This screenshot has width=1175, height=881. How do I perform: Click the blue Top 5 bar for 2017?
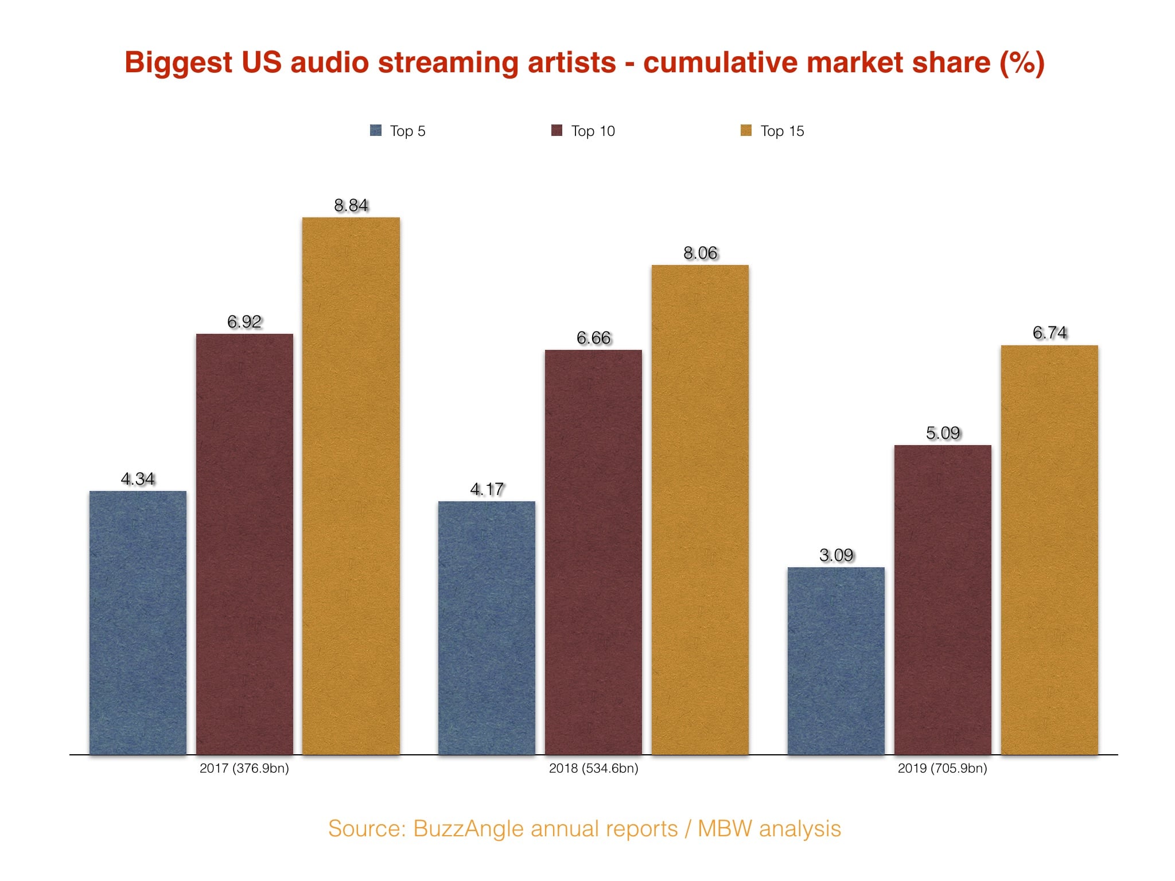click(138, 622)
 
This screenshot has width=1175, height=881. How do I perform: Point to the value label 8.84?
click(351, 205)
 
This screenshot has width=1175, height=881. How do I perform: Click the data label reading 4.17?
click(487, 489)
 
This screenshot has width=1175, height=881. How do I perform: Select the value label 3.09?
click(836, 555)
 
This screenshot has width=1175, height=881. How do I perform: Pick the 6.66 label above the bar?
click(593, 338)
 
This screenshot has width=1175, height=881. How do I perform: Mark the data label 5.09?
click(943, 433)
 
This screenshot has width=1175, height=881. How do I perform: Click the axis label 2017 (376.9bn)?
click(244, 769)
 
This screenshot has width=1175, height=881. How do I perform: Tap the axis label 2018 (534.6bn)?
click(593, 769)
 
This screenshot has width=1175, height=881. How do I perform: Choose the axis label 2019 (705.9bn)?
click(942, 769)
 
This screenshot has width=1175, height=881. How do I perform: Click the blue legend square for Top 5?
click(376, 131)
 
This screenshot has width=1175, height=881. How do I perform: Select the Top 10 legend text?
click(593, 131)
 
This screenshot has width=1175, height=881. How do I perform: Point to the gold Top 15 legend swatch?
click(746, 131)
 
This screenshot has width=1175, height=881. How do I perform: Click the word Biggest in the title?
click(178, 63)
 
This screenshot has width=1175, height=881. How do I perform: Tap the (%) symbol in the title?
click(1022, 63)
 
